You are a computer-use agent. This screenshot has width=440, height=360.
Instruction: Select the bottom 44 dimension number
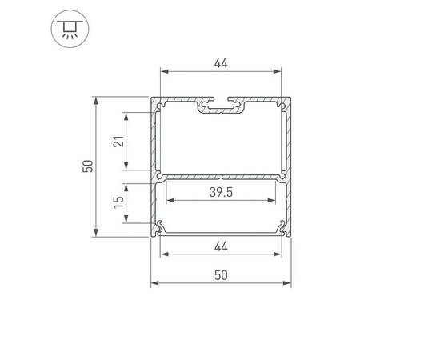pos(221,246)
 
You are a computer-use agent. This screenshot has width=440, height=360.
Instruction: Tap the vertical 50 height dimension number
pos(87,166)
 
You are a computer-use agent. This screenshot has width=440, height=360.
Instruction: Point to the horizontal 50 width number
pos(221,274)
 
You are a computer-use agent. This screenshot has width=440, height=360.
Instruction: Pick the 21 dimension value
pos(118,141)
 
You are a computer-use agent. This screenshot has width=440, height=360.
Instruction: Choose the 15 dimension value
pos(118,206)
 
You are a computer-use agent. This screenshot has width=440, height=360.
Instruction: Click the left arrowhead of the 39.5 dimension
pos(168,200)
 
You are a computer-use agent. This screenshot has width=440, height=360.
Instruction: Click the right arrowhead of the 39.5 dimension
pos(275,200)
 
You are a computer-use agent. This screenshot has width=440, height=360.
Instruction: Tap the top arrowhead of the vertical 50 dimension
pos(96,101)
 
